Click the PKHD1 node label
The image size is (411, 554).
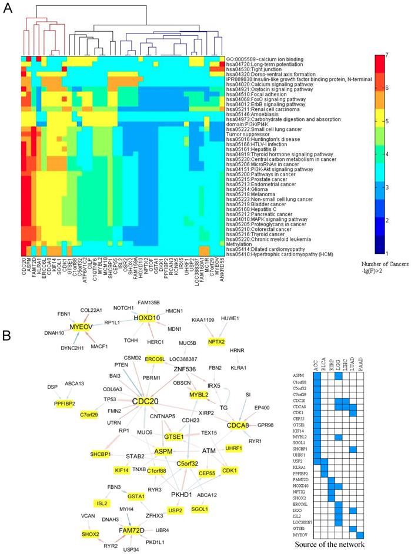[x=183, y=478]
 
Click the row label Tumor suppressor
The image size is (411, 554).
[x=248, y=134]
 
